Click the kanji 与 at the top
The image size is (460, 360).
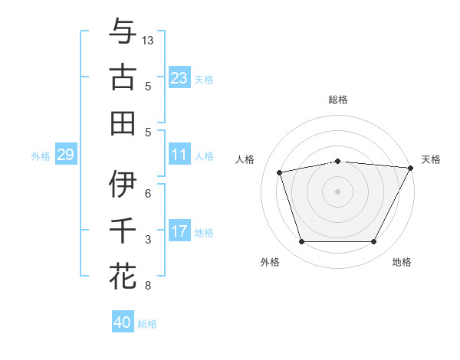123,32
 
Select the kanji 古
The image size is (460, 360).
123,78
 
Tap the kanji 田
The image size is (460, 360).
123,123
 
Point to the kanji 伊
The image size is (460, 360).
123,185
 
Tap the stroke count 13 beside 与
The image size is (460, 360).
149,40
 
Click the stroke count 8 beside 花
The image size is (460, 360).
148,286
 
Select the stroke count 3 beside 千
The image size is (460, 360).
148,240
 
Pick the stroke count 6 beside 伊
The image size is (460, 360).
148,194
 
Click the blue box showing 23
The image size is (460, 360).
179,78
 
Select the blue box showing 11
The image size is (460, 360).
179,155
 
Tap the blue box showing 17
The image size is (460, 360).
179,231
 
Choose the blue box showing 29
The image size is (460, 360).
65,155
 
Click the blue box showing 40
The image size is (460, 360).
123,322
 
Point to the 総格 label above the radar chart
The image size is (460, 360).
338,100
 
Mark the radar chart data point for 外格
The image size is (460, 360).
301,242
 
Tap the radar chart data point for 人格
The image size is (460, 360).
280,172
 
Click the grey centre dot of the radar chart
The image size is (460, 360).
338,191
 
